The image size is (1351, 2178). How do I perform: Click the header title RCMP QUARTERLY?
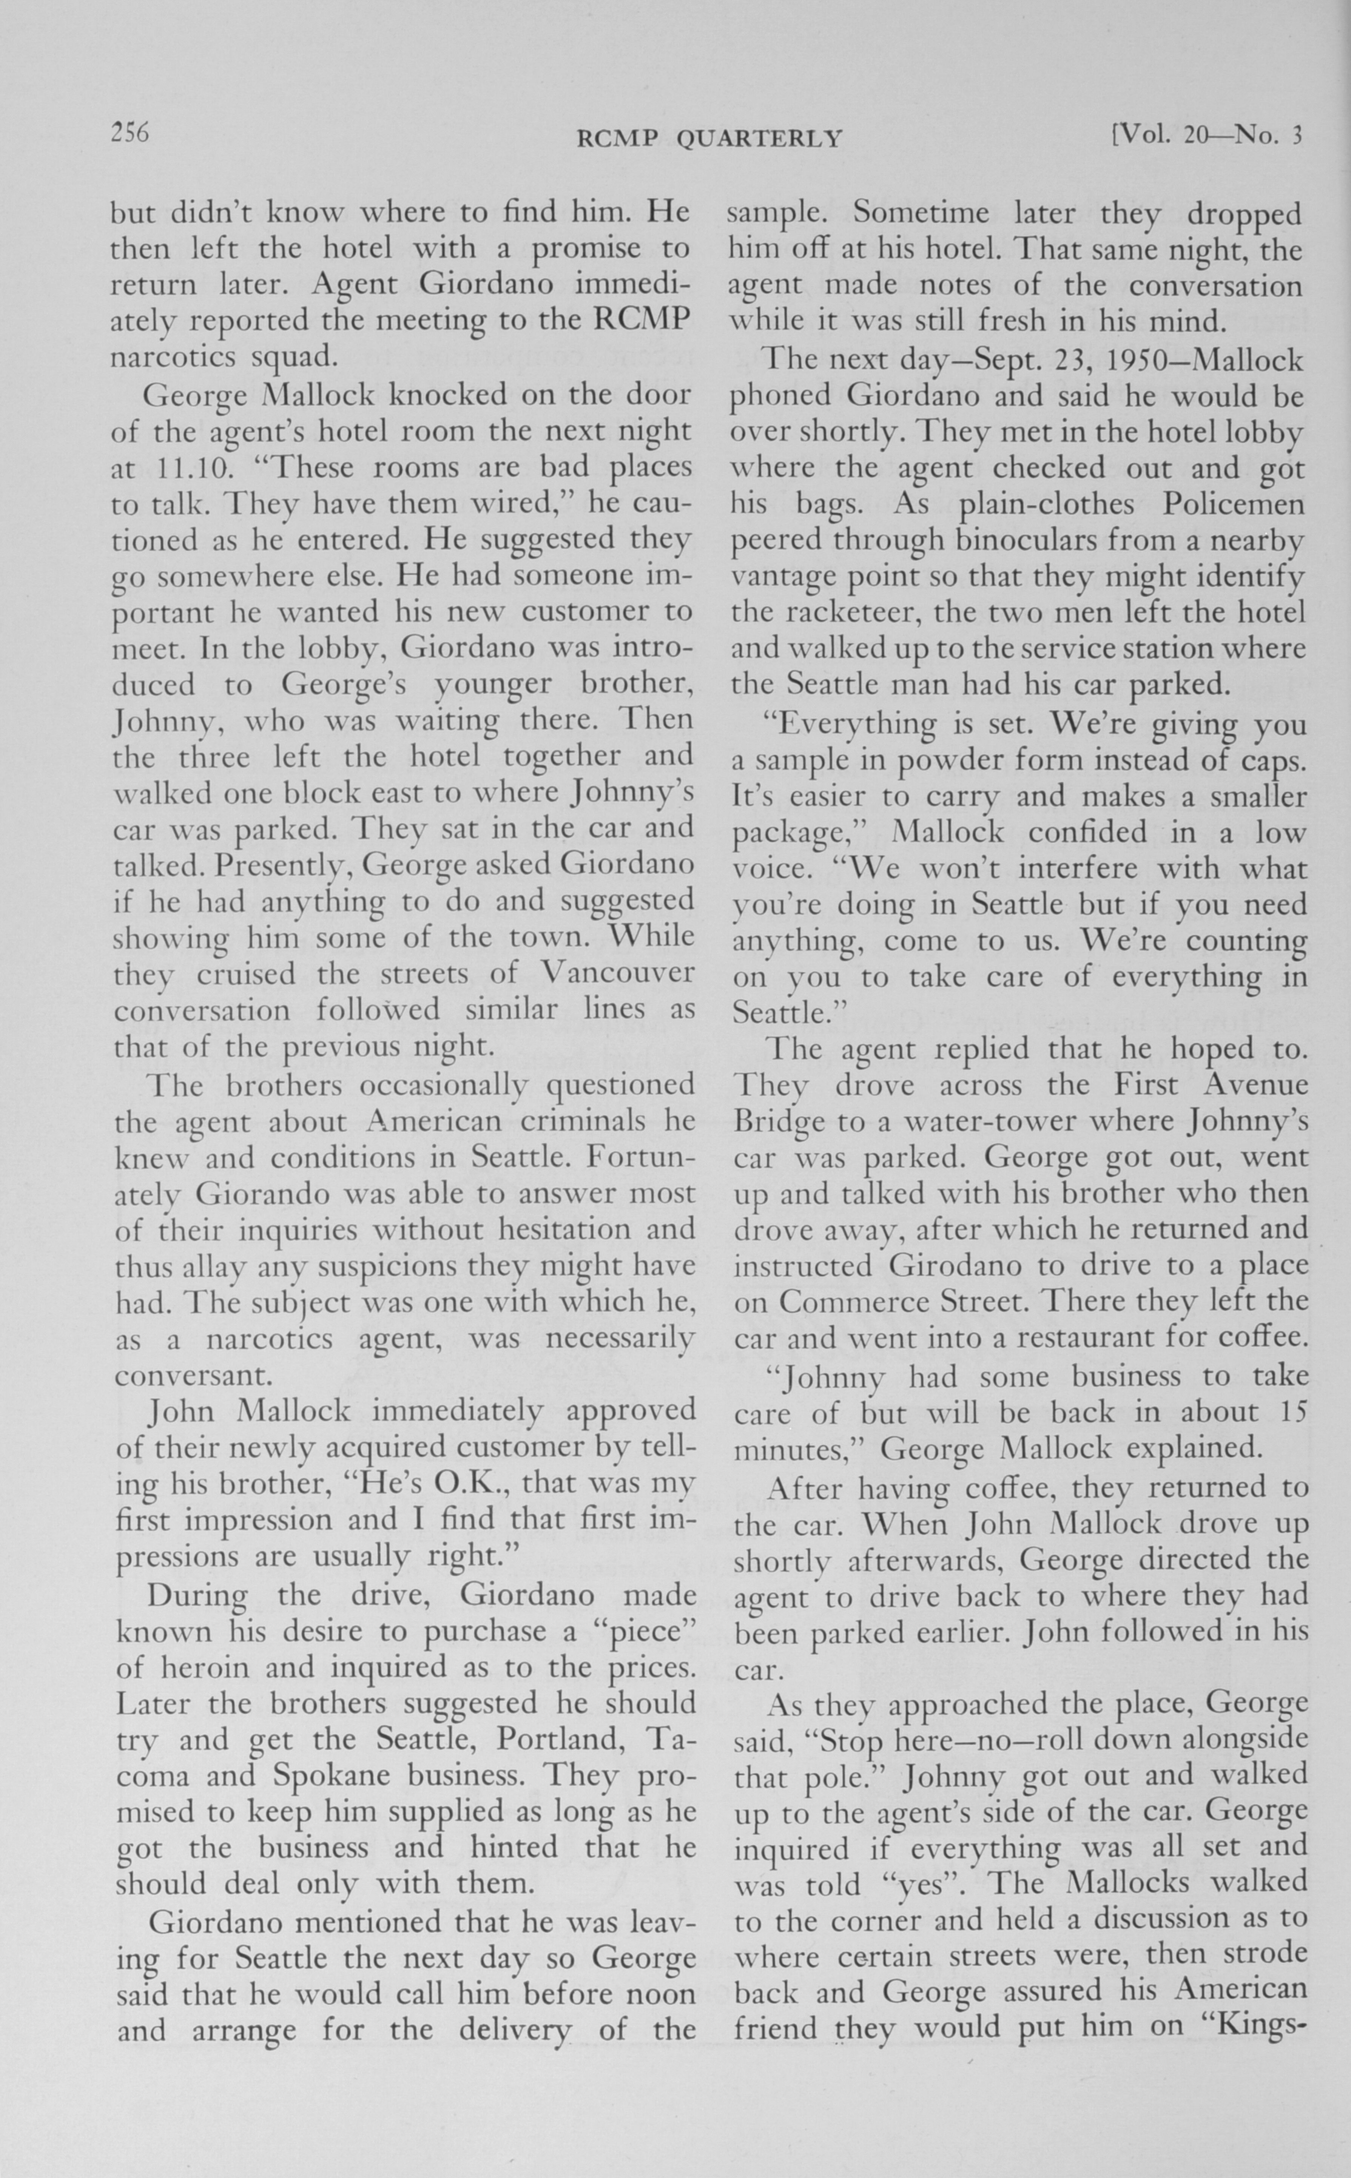tap(709, 139)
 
